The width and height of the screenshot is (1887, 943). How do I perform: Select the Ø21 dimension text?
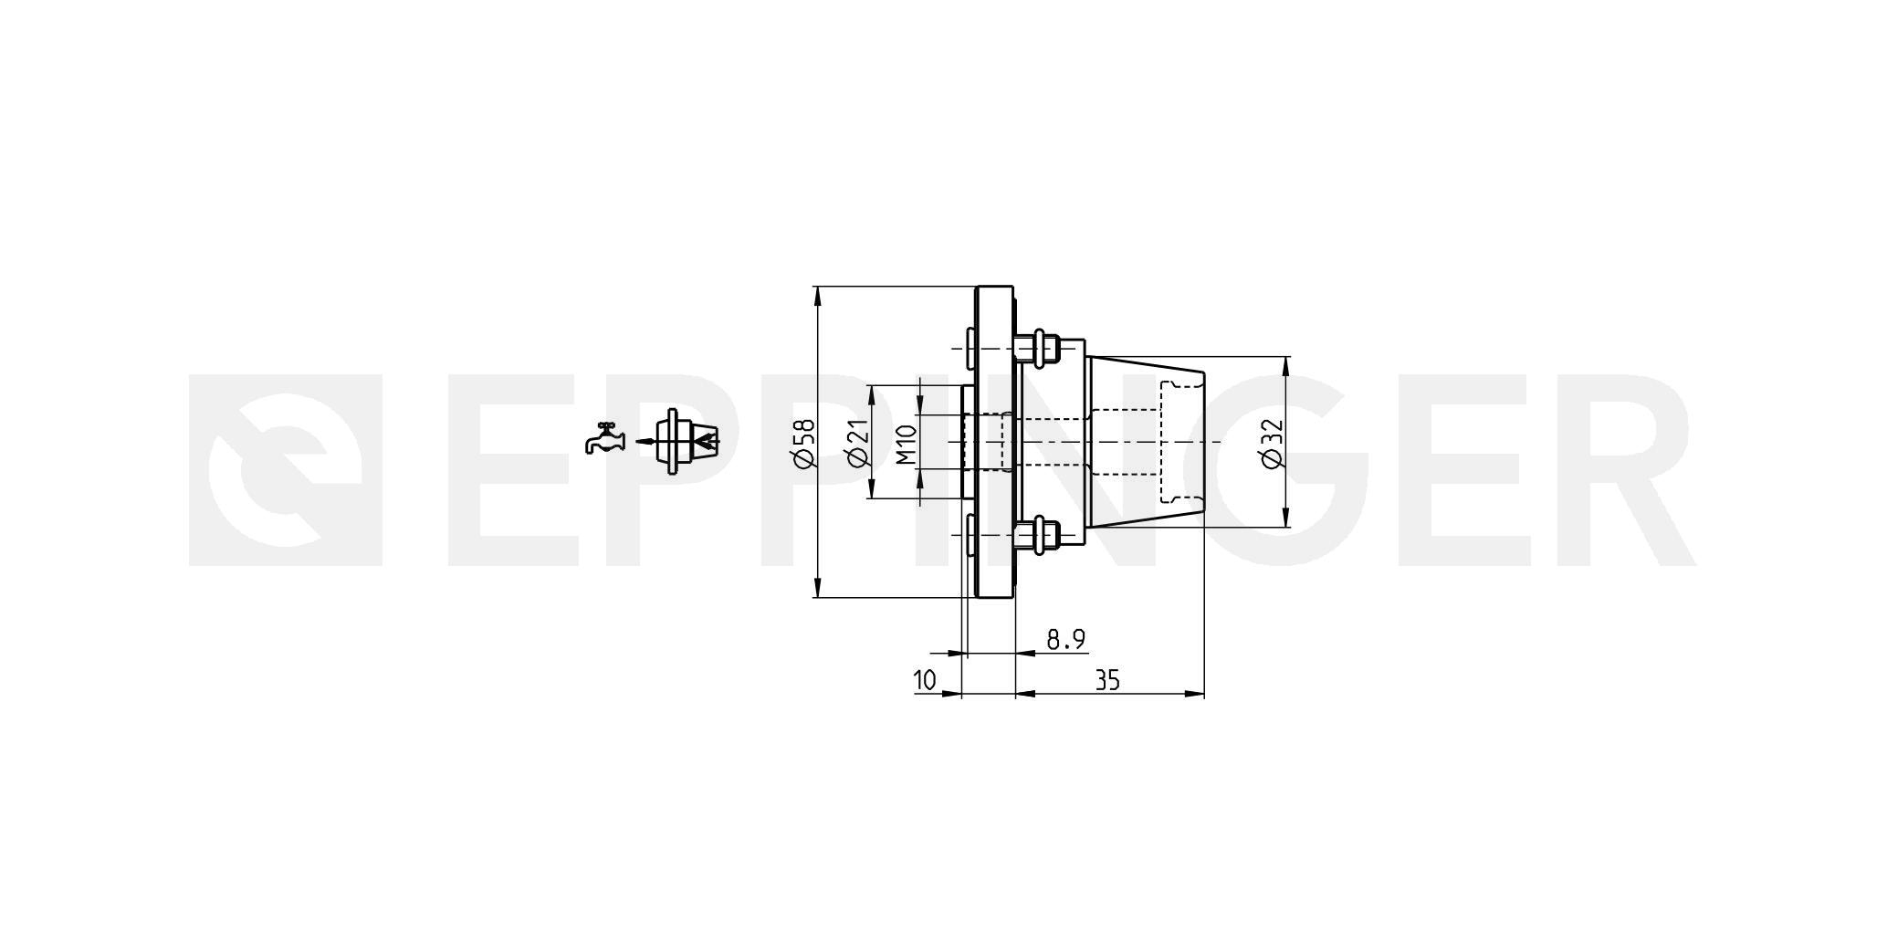(x=856, y=443)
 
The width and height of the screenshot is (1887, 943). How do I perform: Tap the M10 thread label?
(x=906, y=444)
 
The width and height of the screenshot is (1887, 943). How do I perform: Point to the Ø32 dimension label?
(x=1272, y=443)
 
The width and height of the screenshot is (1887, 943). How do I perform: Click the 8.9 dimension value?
(x=1065, y=639)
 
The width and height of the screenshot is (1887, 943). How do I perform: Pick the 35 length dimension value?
(x=1107, y=680)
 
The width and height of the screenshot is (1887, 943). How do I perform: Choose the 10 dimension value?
(x=925, y=680)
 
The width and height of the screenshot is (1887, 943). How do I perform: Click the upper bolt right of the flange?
(x=1037, y=348)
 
